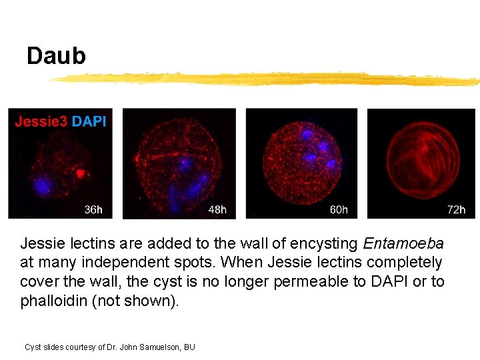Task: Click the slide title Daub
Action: [56, 56]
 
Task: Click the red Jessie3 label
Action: [41, 121]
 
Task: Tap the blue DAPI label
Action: [88, 121]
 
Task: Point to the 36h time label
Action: [93, 209]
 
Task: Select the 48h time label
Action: [217, 209]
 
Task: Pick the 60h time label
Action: [339, 209]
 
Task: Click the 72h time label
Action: [456, 209]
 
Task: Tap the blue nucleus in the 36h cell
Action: [43, 184]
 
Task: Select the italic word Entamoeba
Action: [403, 243]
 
